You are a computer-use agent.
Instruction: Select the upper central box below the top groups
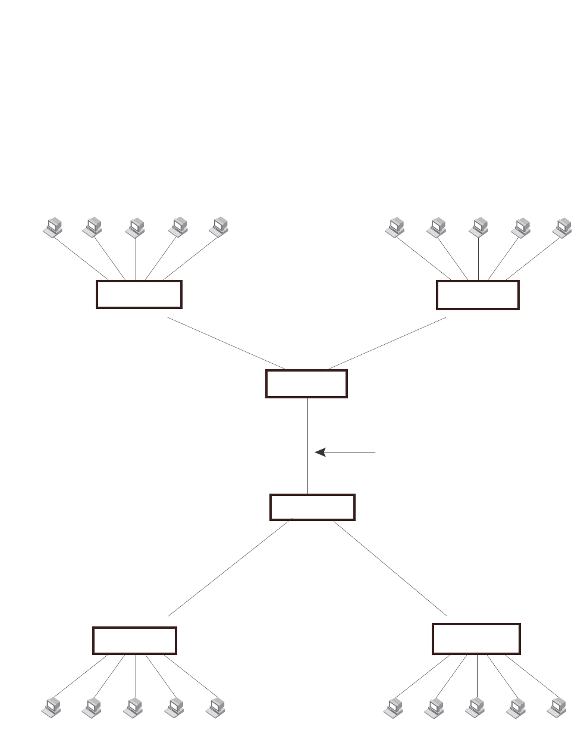(x=306, y=383)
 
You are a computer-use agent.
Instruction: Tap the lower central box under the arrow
(x=312, y=507)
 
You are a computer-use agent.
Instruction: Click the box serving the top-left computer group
(x=139, y=294)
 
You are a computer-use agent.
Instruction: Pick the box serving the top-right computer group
(x=478, y=295)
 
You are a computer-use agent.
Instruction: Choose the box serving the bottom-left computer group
(x=134, y=640)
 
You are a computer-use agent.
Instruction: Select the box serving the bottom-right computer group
(x=476, y=638)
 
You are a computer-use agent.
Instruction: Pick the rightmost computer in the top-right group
(x=563, y=227)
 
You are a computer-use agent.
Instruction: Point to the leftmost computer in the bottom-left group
(x=53, y=706)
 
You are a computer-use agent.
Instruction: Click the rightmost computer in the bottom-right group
(x=557, y=706)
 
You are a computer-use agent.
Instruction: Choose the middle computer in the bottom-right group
(x=475, y=706)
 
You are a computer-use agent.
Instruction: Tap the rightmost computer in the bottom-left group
(x=216, y=706)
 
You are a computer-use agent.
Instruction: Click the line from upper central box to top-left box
(x=226, y=343)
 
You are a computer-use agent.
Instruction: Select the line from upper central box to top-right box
(x=387, y=343)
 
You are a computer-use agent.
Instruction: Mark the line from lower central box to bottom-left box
(x=229, y=569)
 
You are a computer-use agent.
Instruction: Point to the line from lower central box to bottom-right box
(x=390, y=569)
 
